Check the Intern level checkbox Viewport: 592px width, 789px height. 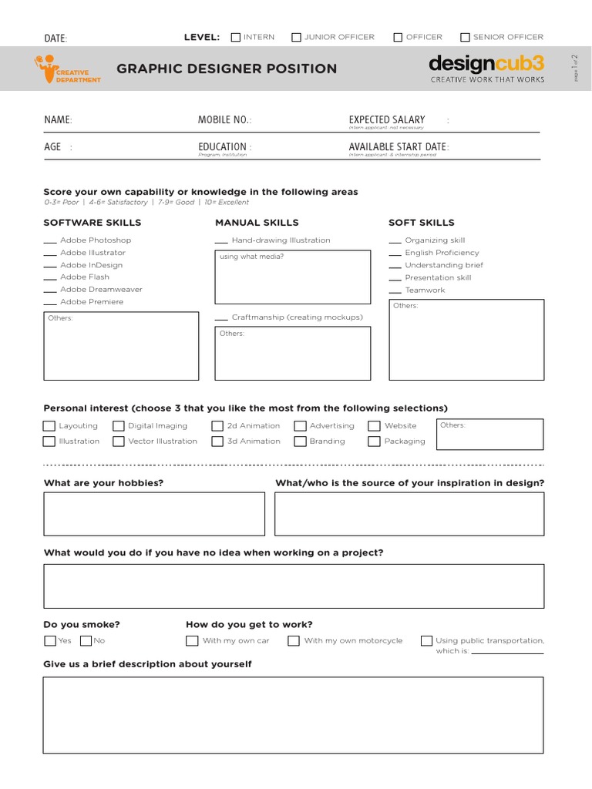(x=236, y=37)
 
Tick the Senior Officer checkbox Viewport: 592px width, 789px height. (x=465, y=37)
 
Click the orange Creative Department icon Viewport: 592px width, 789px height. (x=46, y=68)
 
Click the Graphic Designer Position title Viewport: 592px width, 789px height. (x=227, y=69)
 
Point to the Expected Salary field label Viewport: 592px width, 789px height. (x=387, y=119)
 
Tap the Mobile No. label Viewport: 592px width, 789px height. (x=224, y=120)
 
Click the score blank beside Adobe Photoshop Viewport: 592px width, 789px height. (x=50, y=242)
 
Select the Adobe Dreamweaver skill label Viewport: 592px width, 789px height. (x=101, y=290)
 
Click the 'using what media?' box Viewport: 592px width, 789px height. (x=292, y=277)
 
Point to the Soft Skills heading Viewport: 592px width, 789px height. (x=421, y=223)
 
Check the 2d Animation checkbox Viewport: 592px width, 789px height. (x=217, y=426)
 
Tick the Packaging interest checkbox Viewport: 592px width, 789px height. (x=374, y=442)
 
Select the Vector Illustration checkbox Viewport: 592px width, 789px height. (x=119, y=442)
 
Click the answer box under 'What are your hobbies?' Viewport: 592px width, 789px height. (x=154, y=514)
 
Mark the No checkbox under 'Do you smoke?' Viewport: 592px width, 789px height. (x=86, y=640)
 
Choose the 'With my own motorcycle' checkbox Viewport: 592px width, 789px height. (x=294, y=640)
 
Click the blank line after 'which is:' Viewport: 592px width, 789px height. (x=506, y=653)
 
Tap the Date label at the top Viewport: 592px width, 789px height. (x=55, y=39)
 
